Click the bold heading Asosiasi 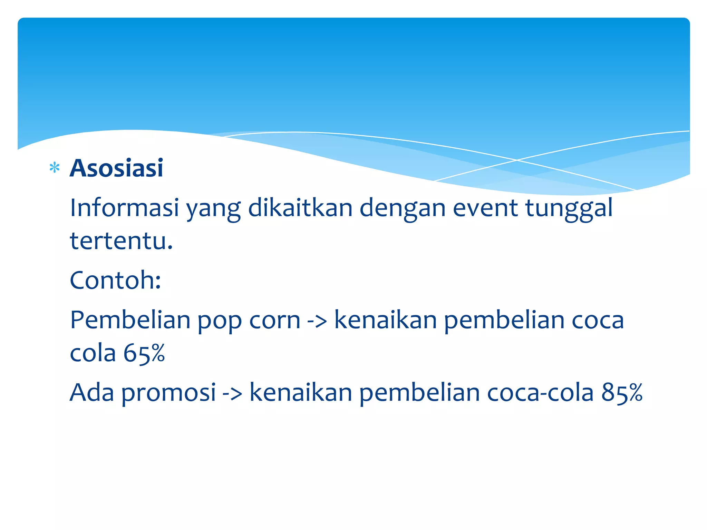point(116,168)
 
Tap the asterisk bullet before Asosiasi point(55,168)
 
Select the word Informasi point(124,208)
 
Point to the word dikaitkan point(300,208)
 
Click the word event point(485,208)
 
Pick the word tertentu point(121,241)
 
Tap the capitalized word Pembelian point(130,320)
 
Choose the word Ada point(92,392)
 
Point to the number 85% point(622,392)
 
